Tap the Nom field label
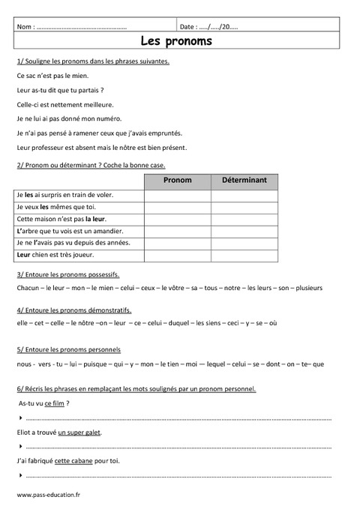[25, 27]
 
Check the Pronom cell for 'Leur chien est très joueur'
[177, 255]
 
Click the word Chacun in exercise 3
[27, 288]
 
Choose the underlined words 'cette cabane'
[73, 460]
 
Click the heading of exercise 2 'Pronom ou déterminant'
[89, 165]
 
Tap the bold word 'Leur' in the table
[24, 255]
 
